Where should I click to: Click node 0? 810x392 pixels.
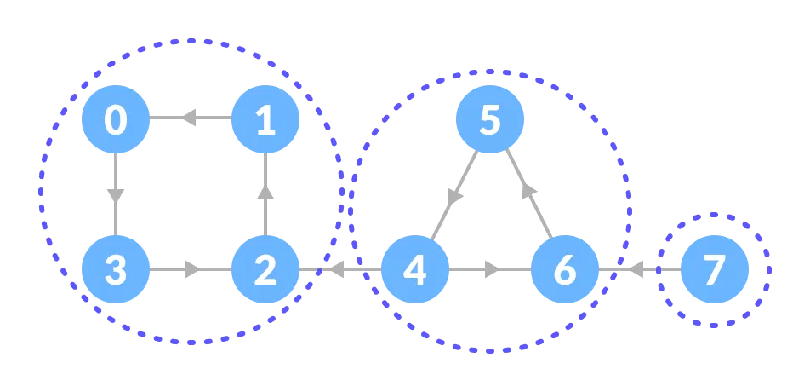116,119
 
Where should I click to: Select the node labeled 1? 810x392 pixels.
265,119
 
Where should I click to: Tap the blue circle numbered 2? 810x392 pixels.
265,270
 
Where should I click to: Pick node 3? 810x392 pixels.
116,270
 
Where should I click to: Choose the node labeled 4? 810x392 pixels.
414,270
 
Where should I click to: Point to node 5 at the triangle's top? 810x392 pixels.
489,119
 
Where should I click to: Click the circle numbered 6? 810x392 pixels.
564,270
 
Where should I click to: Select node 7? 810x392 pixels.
714,270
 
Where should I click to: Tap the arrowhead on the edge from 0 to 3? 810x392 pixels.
116,195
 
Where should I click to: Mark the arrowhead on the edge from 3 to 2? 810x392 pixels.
193,270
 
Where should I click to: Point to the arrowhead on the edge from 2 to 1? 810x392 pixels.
265,193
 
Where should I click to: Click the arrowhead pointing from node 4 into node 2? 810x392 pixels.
335,270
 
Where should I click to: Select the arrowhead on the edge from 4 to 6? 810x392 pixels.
492,270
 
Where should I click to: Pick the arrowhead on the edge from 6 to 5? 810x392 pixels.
529,191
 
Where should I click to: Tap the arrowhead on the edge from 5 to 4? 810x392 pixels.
455,195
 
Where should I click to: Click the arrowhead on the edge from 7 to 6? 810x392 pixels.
635,270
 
